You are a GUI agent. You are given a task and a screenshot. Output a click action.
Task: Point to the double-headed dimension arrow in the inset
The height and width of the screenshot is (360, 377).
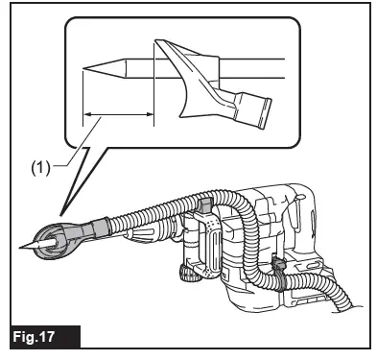(118, 115)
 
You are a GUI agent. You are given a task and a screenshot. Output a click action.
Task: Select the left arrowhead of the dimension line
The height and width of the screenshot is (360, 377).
(86, 115)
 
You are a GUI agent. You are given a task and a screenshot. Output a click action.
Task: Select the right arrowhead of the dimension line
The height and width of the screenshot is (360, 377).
(151, 115)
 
